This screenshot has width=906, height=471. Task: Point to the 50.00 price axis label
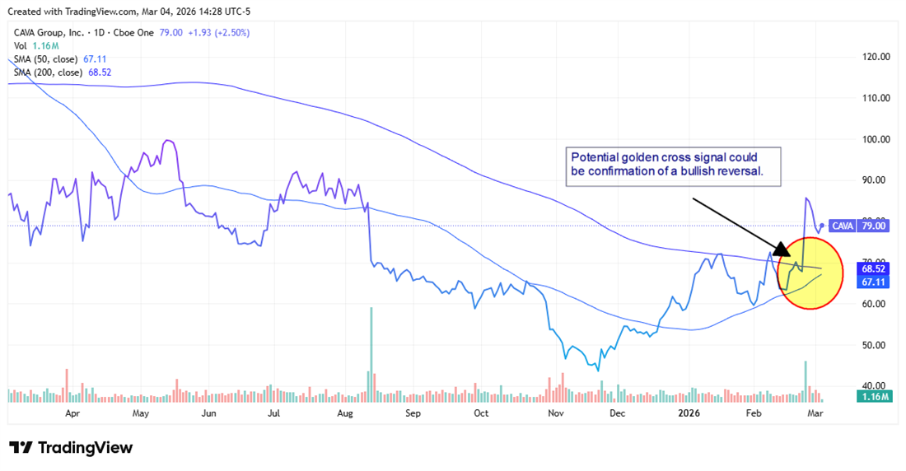[874, 344]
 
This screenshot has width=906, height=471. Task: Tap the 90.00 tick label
[874, 180]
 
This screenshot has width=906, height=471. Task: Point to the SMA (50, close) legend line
[60, 59]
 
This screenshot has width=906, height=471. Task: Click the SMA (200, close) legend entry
[63, 72]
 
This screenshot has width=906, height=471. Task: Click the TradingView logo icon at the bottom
[21, 448]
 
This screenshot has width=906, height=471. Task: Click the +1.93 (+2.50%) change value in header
[221, 32]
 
